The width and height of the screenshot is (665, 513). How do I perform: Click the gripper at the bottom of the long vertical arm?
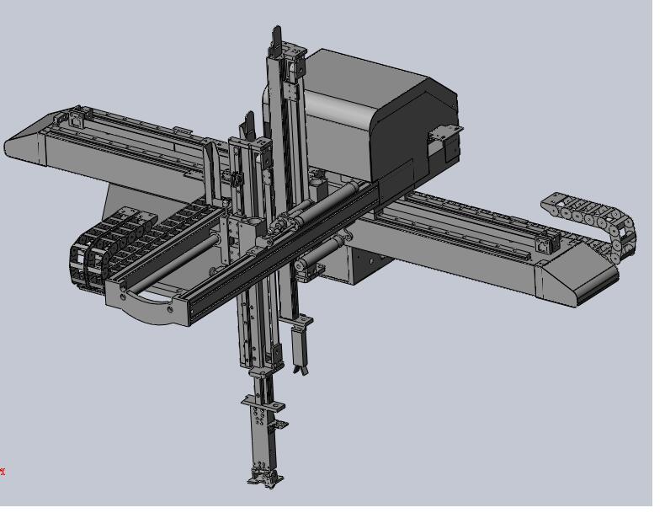coord(264,477)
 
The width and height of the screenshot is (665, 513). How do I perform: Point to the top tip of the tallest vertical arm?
coord(276,34)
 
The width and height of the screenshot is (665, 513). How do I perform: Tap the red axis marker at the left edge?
coord(3,472)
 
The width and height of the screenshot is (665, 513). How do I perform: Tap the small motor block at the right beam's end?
coord(545,244)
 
